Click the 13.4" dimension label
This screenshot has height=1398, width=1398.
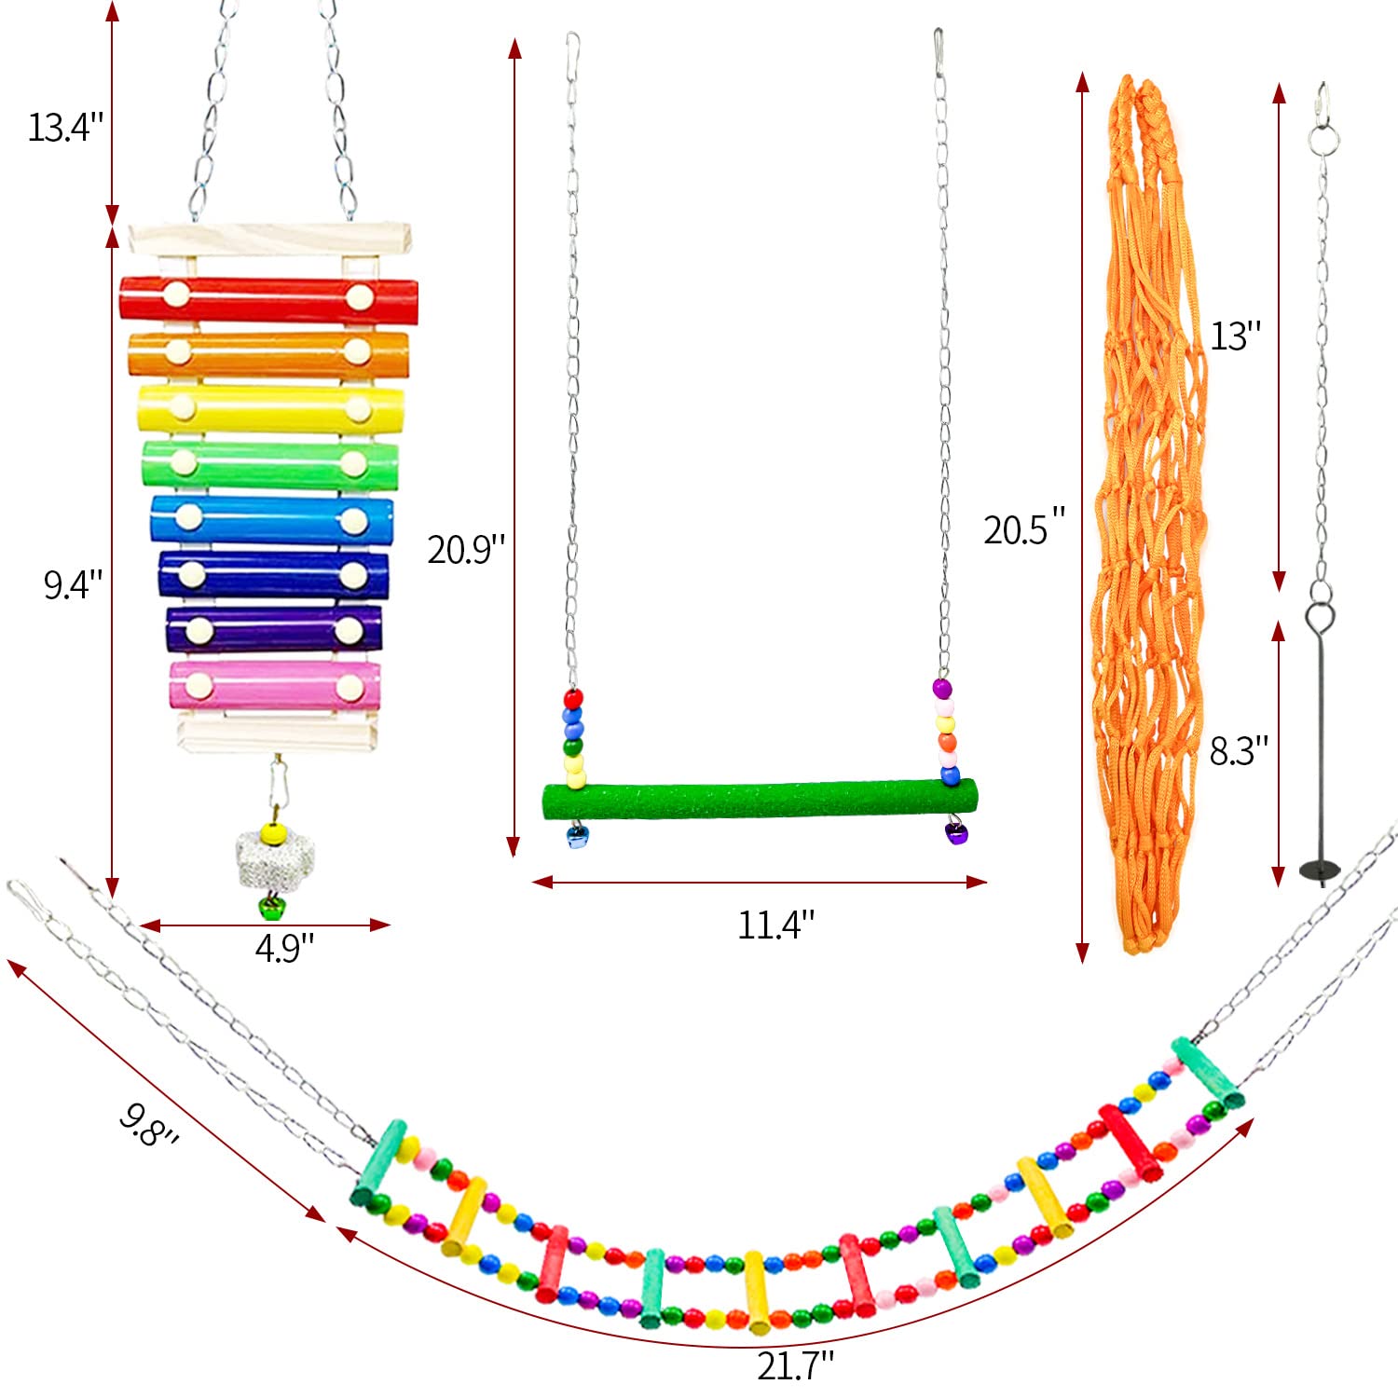click(x=66, y=127)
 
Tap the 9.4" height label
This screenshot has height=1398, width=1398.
click(x=74, y=584)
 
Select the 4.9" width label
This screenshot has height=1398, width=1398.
click(x=285, y=948)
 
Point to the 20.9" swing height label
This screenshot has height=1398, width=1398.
click(x=466, y=549)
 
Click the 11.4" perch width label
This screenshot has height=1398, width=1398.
click(x=776, y=925)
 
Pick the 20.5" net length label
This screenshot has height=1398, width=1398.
click(x=1024, y=528)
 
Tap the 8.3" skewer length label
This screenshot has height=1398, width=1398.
click(x=1240, y=750)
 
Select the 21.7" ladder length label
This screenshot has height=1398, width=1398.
click(x=796, y=1366)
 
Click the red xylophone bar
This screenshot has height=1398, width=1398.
click(x=268, y=299)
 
